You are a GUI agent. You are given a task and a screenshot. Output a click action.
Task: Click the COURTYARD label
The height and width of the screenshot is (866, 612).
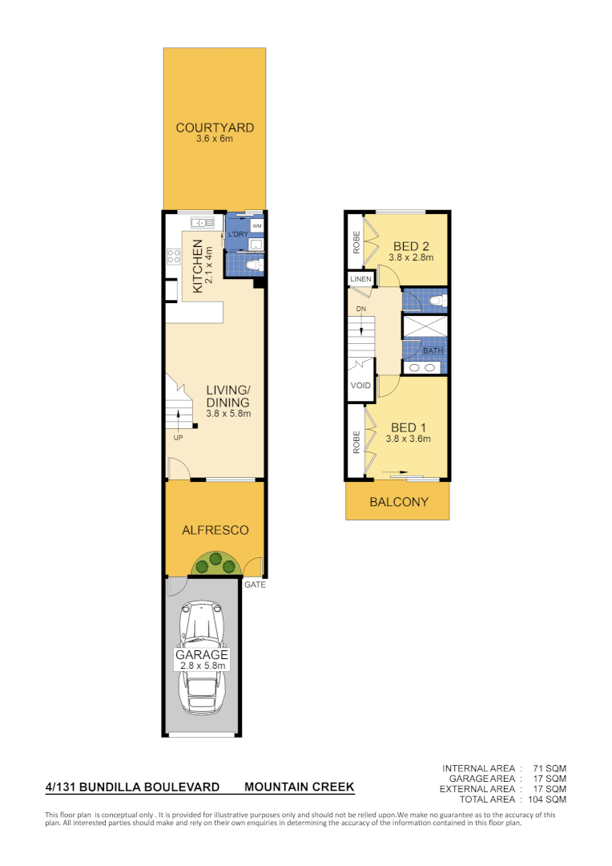(x=215, y=127)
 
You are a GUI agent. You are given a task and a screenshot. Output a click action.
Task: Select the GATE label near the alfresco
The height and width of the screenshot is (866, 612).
(x=256, y=585)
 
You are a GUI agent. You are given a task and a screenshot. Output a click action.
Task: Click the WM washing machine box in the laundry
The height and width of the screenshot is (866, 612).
(x=256, y=226)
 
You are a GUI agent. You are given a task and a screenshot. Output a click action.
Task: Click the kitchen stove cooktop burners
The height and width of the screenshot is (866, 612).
(x=173, y=257)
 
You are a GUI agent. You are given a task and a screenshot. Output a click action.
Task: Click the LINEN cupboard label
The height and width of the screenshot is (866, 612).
(x=360, y=279)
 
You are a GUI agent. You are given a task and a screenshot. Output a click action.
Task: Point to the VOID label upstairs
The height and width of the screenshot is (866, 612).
(x=360, y=386)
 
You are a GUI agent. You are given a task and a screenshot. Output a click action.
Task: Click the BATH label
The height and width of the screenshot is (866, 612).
(x=433, y=350)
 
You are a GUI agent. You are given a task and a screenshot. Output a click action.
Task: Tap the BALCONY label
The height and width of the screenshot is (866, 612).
(x=398, y=503)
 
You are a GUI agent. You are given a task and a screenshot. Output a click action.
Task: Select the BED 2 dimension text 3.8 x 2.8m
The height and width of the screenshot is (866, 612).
(x=410, y=258)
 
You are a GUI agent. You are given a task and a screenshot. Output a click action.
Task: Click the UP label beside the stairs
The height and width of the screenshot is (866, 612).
(x=177, y=438)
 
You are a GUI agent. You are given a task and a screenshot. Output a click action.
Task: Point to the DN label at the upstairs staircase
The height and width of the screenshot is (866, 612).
(x=361, y=309)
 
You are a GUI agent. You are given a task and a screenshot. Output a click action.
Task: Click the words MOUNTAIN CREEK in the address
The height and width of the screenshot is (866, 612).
(x=299, y=787)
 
